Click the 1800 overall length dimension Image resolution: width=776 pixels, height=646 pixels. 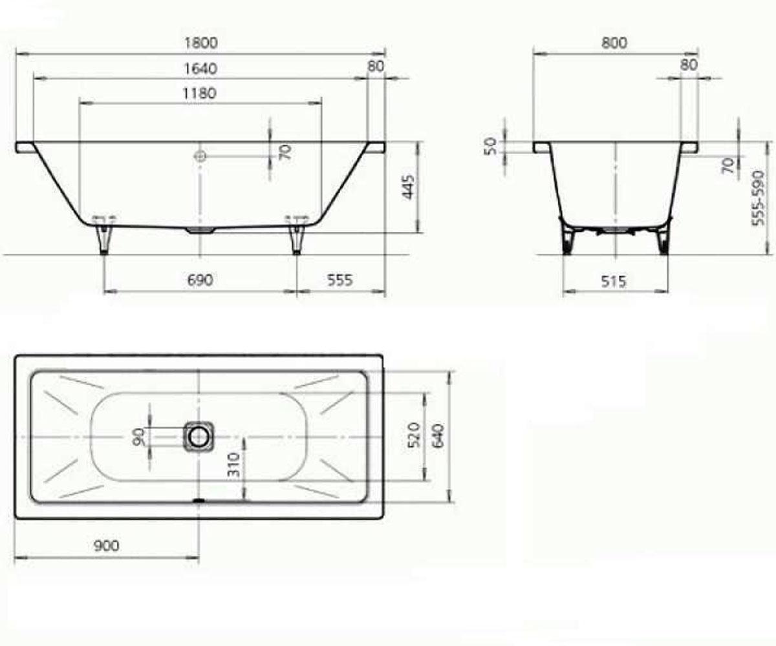point(201,43)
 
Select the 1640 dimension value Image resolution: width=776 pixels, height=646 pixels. point(200,68)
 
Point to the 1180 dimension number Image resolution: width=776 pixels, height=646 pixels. point(200,93)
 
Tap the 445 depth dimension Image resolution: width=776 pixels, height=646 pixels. point(409,187)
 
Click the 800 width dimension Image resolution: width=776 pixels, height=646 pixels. point(614,43)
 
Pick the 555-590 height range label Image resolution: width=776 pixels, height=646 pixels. point(758,198)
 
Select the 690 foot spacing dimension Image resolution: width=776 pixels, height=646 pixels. point(200,280)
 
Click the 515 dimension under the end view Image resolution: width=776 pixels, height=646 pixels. point(614,281)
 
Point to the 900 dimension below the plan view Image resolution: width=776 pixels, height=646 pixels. point(106,546)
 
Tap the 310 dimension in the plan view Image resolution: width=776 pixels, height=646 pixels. point(233,464)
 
